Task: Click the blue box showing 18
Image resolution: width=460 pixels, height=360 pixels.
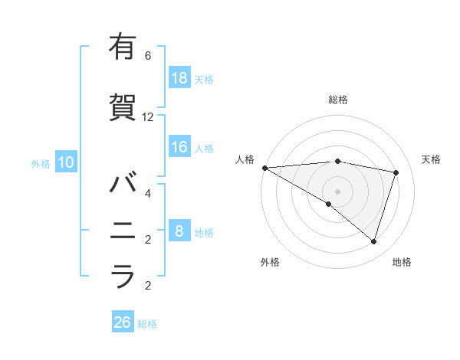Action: click(179, 78)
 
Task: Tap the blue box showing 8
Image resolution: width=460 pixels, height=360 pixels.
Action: click(179, 231)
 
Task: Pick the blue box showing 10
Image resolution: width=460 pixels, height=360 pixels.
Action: click(65, 162)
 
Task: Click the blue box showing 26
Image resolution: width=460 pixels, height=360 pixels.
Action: click(123, 322)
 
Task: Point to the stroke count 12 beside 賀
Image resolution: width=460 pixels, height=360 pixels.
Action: click(148, 117)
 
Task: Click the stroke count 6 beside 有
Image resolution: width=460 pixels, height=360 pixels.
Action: click(148, 56)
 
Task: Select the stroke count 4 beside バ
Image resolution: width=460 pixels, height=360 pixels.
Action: click(148, 194)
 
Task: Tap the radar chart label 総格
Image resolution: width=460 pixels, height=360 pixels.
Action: click(338, 100)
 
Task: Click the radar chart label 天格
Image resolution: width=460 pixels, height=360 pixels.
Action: click(432, 159)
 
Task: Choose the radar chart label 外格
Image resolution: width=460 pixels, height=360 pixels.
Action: click(270, 262)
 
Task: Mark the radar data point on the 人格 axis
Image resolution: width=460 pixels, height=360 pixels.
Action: click(264, 167)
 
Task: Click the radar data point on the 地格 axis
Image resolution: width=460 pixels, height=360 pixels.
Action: click(373, 241)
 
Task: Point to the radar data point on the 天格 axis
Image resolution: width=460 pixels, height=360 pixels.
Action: click(396, 172)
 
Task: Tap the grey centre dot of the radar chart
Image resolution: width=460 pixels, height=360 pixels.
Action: click(337, 191)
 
